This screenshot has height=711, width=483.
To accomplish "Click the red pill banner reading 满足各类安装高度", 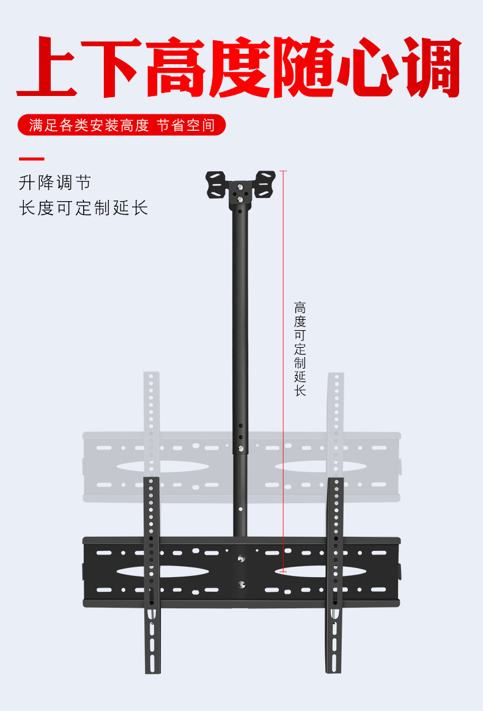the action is (122, 125).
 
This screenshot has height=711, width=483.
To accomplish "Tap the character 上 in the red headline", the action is (48, 67).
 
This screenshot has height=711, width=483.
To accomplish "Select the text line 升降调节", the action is (55, 182).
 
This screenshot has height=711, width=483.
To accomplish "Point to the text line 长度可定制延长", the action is (83, 208).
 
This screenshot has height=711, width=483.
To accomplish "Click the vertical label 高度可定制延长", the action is (300, 348).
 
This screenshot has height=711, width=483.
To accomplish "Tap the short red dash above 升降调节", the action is (31, 159).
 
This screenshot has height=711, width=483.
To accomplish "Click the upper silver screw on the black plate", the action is (242, 558).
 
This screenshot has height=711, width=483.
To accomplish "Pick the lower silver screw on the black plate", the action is (242, 584).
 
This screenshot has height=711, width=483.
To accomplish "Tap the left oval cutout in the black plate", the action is (154, 572).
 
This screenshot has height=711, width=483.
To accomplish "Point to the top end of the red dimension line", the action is (283, 171).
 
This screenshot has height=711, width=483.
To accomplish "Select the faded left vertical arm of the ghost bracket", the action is (151, 403).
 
